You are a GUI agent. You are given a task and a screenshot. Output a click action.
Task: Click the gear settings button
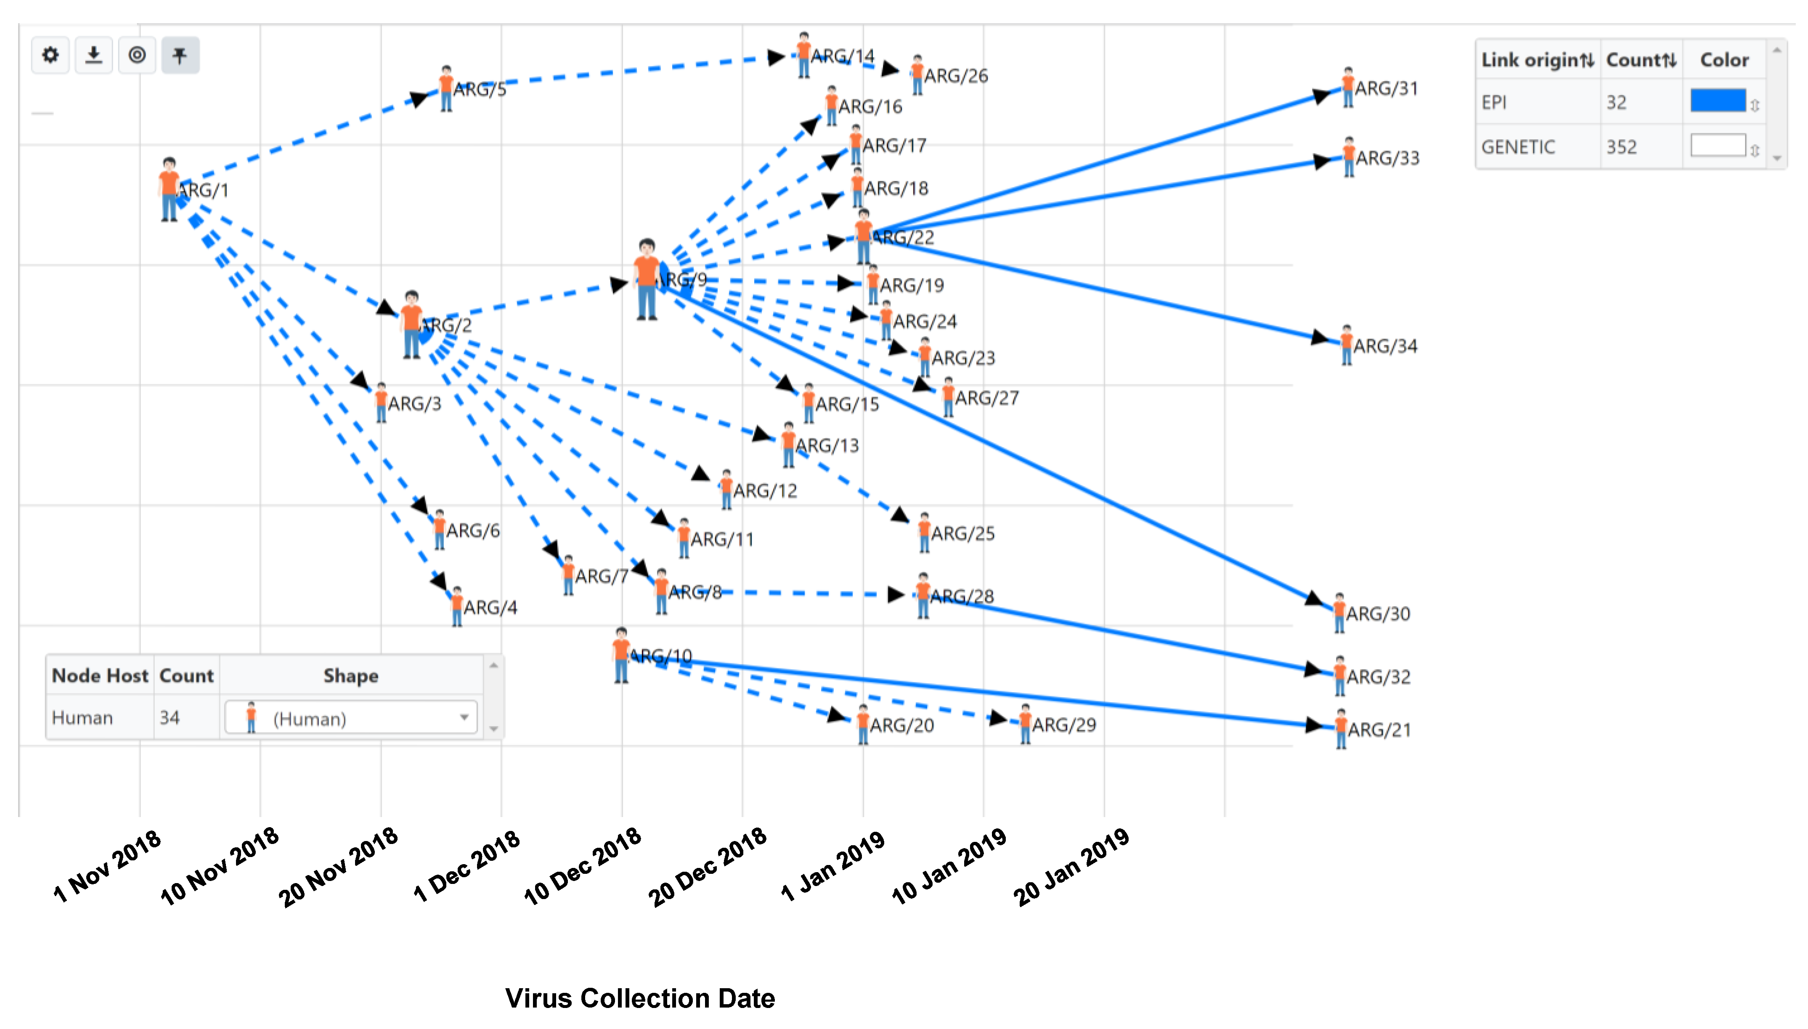[x=50, y=55]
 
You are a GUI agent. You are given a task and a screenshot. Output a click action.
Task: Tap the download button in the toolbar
[x=93, y=55]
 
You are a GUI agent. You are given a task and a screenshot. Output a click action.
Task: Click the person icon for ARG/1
[x=169, y=189]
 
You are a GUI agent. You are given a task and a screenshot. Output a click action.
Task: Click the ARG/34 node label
[x=1385, y=347]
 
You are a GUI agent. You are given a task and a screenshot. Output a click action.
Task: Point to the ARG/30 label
[x=1378, y=614]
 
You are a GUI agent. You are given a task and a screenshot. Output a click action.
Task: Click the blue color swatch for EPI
[x=1718, y=101]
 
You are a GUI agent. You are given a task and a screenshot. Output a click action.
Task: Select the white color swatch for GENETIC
[x=1718, y=145]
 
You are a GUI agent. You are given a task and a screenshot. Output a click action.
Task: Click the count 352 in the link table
[x=1621, y=147]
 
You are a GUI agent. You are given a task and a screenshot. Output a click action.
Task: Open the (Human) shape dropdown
[x=350, y=718]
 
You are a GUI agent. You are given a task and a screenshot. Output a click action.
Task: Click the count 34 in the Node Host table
[x=170, y=718]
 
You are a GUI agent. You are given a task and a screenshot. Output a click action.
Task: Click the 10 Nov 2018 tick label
[x=220, y=866]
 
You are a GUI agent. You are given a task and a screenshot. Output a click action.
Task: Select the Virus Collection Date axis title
[x=640, y=998]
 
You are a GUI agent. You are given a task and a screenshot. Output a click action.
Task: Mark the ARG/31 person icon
[x=1348, y=87]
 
